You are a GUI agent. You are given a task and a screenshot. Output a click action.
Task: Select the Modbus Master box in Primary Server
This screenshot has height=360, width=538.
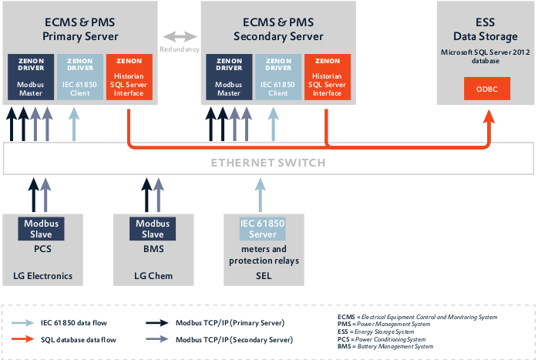(x=30, y=77)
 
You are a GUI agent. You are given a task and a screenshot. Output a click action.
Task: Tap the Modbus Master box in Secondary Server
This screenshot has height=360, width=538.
(x=228, y=77)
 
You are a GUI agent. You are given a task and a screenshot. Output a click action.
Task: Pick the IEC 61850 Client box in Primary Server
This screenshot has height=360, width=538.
(x=80, y=77)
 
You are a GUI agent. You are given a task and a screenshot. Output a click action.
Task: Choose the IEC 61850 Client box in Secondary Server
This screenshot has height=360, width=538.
(x=277, y=77)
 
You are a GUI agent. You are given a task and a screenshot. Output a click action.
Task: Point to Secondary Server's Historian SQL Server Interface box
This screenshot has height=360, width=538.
(x=327, y=77)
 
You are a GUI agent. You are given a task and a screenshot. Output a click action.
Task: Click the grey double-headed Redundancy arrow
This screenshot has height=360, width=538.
(x=179, y=36)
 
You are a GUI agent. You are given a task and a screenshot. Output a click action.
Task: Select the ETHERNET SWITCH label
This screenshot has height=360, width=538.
(x=268, y=163)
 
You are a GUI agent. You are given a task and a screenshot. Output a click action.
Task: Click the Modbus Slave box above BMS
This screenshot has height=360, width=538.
(x=153, y=229)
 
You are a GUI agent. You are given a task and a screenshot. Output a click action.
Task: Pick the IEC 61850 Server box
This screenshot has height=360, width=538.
(x=264, y=229)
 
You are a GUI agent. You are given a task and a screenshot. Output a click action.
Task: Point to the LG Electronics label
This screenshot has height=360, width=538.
(x=42, y=276)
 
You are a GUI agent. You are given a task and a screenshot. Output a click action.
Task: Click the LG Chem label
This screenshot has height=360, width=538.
(x=153, y=276)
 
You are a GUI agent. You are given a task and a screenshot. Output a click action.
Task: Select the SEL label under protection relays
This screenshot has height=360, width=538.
(x=263, y=276)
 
